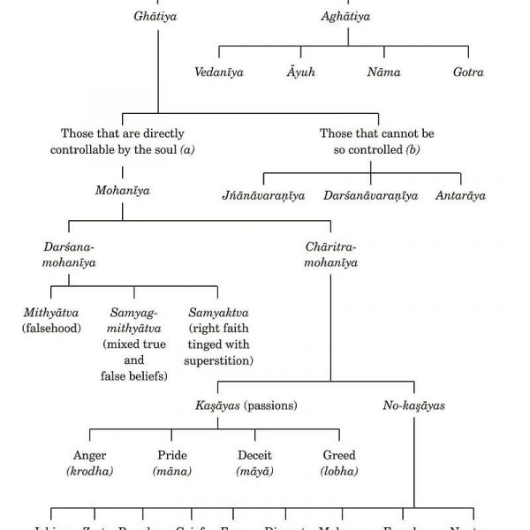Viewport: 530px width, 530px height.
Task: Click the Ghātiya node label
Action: tap(158, 17)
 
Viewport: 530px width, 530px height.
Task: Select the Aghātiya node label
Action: tap(347, 17)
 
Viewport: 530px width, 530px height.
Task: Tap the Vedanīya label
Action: tap(218, 72)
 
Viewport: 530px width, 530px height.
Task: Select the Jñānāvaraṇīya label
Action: tap(262, 195)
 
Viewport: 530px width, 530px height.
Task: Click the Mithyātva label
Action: tap(52, 313)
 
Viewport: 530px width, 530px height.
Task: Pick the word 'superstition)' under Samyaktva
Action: tap(219, 361)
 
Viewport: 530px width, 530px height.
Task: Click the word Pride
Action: tap(173, 455)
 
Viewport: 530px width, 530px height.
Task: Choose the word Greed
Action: tap(339, 455)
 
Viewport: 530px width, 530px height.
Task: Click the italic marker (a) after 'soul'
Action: tap(186, 150)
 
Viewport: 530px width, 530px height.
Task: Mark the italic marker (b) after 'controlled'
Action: tap(413, 150)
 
